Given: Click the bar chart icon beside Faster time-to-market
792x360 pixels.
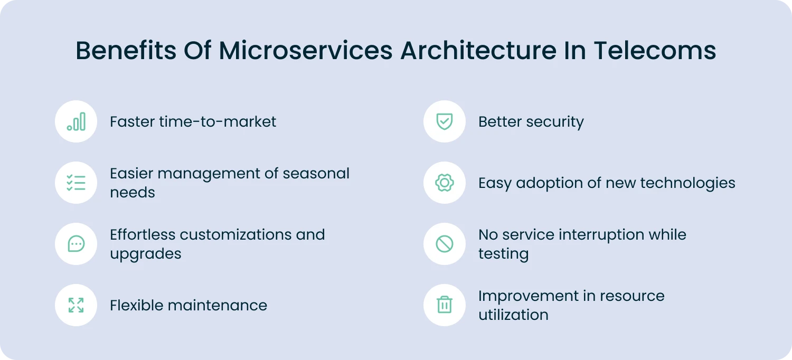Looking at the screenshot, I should (x=76, y=121).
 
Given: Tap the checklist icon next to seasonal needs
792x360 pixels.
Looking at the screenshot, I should (x=76, y=183).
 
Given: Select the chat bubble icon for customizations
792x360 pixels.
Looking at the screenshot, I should (x=76, y=244).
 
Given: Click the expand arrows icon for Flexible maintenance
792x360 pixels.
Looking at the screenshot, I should (x=76, y=305).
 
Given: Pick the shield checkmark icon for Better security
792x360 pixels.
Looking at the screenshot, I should (x=444, y=121).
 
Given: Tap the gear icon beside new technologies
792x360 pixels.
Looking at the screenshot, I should (x=444, y=183).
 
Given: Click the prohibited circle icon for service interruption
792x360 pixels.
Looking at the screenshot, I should (x=444, y=244).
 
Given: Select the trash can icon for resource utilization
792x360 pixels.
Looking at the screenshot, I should (x=444, y=305).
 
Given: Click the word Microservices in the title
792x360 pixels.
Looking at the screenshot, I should (x=306, y=51).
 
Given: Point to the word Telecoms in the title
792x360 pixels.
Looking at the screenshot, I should (x=655, y=51).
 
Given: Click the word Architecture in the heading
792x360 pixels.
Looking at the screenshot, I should (x=478, y=51).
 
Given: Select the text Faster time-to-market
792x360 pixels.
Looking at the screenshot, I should (x=193, y=122).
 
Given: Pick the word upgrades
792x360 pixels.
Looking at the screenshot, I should (x=145, y=254).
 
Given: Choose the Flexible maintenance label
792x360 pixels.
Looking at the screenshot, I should (x=188, y=306).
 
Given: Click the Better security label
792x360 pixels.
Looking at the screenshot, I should (x=531, y=122).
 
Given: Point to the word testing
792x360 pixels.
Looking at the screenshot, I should (x=503, y=254).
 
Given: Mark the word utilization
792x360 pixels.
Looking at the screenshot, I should (x=513, y=315).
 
